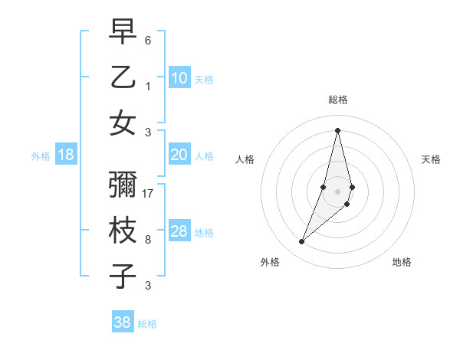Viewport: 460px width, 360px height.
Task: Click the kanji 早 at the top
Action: pos(123,33)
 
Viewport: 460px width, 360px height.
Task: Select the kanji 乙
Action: pos(123,77)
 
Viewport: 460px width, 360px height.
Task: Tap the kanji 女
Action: pos(123,123)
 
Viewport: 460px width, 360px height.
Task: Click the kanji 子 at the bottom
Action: pos(123,277)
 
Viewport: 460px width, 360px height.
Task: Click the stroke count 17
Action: pos(149,194)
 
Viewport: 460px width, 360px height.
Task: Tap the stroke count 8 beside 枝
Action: pos(148,240)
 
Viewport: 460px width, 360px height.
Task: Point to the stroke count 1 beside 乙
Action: pos(148,85)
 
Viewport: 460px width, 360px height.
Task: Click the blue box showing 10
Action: pos(179,78)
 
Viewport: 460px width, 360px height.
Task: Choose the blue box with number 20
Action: pos(179,155)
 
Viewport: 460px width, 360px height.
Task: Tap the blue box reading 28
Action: pos(179,232)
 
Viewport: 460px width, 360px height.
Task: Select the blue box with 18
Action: pos(66,155)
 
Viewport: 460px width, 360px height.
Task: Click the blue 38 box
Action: pos(123,322)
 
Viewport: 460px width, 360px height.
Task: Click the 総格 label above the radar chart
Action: pos(337,100)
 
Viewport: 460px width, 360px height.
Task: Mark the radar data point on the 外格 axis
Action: pos(302,242)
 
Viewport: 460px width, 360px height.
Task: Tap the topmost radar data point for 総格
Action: pos(337,129)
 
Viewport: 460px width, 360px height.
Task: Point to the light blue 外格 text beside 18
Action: pos(41,156)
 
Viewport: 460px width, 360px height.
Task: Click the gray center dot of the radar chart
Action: pos(337,191)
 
